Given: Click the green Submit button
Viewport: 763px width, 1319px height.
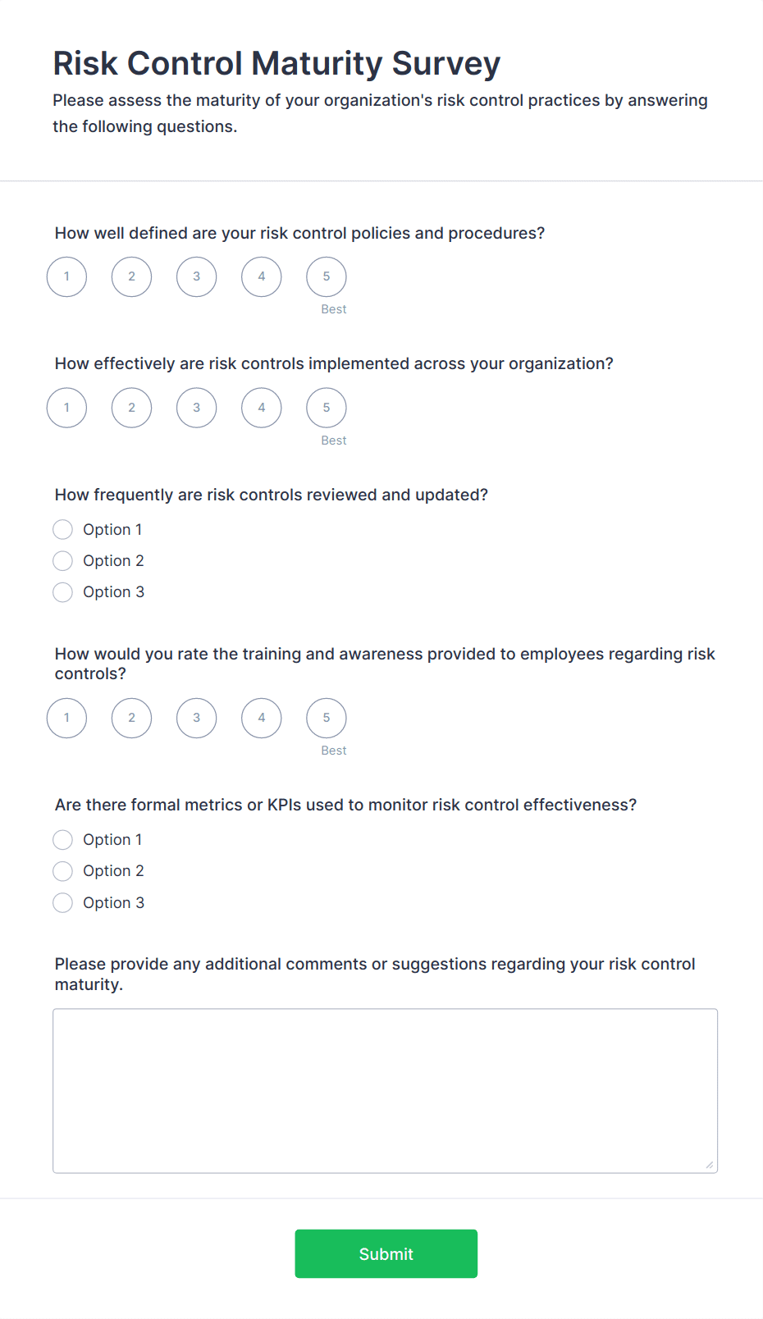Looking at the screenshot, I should click(x=386, y=1253).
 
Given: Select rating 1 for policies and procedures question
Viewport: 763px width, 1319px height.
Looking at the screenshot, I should click(x=66, y=277).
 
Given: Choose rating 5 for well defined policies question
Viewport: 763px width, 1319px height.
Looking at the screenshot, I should click(x=326, y=277).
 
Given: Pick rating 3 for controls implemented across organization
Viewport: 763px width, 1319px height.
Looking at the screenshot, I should click(x=196, y=408).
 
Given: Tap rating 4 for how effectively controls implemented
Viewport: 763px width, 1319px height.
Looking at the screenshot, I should click(x=261, y=408).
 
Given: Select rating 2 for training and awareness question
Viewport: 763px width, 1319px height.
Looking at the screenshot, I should click(x=131, y=718).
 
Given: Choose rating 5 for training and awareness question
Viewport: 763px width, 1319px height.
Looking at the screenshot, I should click(x=326, y=718).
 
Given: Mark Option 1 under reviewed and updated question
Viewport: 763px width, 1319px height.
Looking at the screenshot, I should click(x=63, y=530).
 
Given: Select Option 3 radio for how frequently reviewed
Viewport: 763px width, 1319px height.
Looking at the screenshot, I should click(x=63, y=592).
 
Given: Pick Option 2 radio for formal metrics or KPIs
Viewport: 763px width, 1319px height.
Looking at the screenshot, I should click(x=63, y=871).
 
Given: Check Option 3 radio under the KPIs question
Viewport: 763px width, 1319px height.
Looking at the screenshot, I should click(x=63, y=903).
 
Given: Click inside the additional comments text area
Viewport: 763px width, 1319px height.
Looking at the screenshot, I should click(x=385, y=1090).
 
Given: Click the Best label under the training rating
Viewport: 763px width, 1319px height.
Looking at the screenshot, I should click(x=333, y=751).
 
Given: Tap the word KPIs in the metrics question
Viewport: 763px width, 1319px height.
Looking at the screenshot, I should click(x=284, y=806).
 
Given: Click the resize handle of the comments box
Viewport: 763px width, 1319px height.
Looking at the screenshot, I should click(x=710, y=1165).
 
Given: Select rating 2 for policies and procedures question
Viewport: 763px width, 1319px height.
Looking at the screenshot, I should click(x=131, y=277).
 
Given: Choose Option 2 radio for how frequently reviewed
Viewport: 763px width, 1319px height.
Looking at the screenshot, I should click(x=63, y=561).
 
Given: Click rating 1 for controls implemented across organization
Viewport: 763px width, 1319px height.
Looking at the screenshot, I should click(x=66, y=408).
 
